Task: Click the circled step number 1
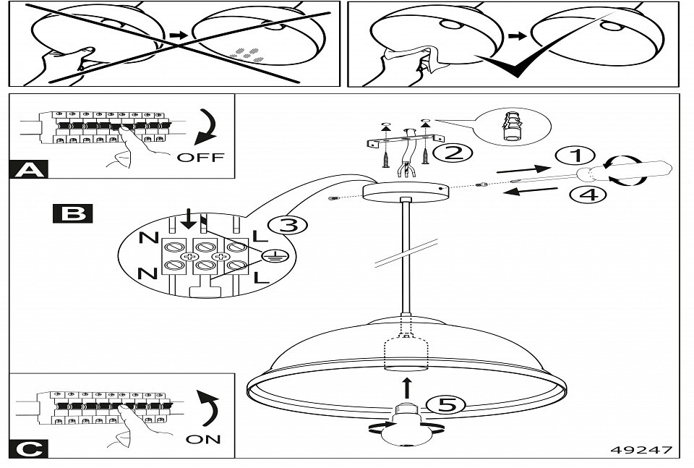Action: point(576,156)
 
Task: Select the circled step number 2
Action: point(453,153)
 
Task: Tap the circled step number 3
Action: point(288,226)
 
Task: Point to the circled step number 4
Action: point(588,195)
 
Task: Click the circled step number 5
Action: point(446,405)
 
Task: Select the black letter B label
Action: point(72,213)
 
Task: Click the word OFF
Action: point(200,157)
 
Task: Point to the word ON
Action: point(203,439)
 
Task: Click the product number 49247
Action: point(641,450)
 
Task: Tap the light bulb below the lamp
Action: point(406,424)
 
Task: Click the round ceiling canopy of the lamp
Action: point(406,192)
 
